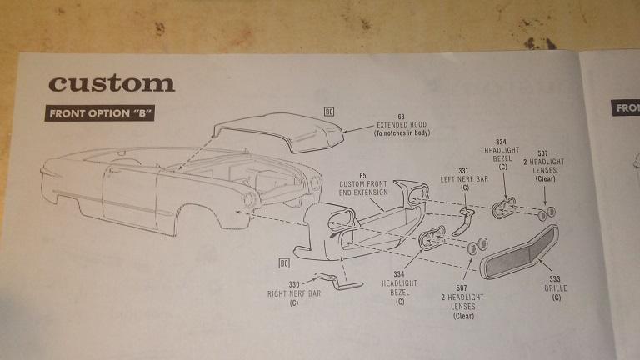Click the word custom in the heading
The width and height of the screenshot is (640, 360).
[x=112, y=83]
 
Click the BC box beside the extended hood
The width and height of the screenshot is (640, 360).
[x=329, y=110]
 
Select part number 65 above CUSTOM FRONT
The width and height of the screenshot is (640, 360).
[x=362, y=175]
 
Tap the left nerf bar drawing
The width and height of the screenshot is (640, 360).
[x=467, y=221]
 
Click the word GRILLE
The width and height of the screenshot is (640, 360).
[x=556, y=289]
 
